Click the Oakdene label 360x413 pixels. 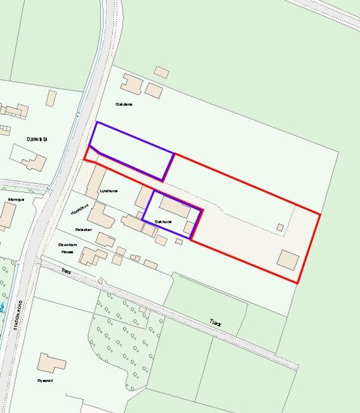[x=124, y=104]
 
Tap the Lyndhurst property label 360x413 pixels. [x=109, y=190]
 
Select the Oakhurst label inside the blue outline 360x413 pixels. [x=163, y=221]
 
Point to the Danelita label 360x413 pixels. [x=37, y=138]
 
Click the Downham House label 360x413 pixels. [x=67, y=248]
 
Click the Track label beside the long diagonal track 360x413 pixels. [x=217, y=323]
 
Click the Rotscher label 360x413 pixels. [x=84, y=229]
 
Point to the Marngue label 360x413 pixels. [x=16, y=199]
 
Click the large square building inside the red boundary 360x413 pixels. [x=288, y=261]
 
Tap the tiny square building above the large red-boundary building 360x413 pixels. [x=280, y=226]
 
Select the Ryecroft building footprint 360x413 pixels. [x=51, y=363]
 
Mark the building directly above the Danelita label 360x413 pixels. [x=51, y=98]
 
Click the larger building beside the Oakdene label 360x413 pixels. [x=132, y=83]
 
